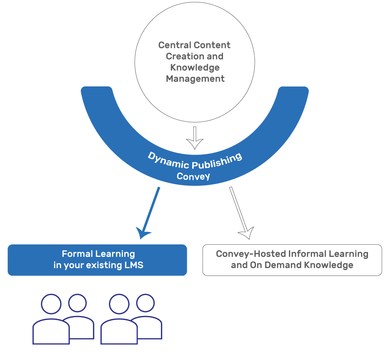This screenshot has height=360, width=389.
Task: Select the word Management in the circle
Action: click(x=195, y=79)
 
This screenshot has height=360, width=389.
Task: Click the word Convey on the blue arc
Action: click(x=193, y=176)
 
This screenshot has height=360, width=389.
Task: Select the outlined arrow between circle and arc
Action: click(x=195, y=139)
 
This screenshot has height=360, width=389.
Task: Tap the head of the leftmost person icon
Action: click(x=51, y=304)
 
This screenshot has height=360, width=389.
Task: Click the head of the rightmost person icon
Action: click(x=145, y=303)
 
